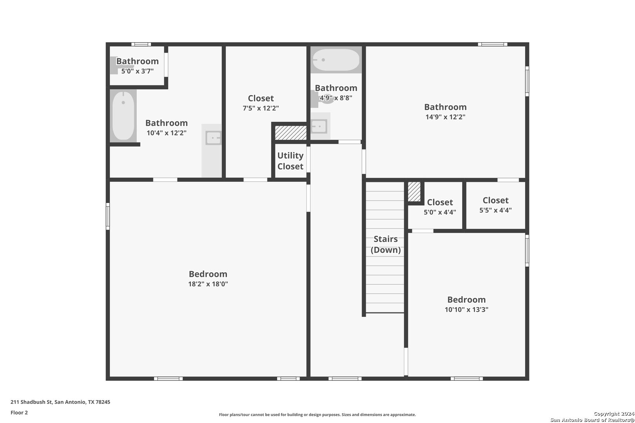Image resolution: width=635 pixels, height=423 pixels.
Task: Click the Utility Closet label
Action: coord(290,161)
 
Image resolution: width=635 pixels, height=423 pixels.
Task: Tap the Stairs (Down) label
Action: coord(386,244)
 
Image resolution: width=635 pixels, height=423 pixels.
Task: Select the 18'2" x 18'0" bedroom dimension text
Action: coord(208,284)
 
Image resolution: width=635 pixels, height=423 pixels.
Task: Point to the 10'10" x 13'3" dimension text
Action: coord(466,309)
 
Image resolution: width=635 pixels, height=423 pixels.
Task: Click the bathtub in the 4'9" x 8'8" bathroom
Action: coord(336,60)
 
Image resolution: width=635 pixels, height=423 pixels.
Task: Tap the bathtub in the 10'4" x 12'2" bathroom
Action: coord(123,116)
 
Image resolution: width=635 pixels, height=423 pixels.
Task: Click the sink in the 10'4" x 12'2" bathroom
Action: coord(213,138)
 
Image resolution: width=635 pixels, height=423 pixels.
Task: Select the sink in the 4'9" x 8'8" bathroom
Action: coord(319,127)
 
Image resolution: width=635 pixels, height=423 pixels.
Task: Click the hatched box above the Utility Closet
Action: coord(290,133)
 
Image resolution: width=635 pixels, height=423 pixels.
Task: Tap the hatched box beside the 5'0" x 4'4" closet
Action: coord(414,192)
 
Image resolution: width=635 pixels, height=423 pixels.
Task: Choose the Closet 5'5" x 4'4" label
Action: coord(495,205)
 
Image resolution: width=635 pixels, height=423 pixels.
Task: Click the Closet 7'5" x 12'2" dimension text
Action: coord(261,108)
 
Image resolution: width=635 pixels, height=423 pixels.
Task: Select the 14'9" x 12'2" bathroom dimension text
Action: coord(445,117)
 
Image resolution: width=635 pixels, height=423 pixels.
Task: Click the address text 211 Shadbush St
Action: coord(31,402)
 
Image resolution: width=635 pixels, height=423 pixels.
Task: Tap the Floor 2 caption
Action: coord(19,412)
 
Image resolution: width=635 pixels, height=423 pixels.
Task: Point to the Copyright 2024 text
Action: coord(614,414)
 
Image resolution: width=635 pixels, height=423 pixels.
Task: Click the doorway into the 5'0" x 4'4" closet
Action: coord(423,231)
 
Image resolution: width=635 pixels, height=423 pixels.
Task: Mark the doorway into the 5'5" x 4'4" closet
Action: coord(508,180)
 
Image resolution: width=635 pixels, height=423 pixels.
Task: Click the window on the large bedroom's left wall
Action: coord(108,216)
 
